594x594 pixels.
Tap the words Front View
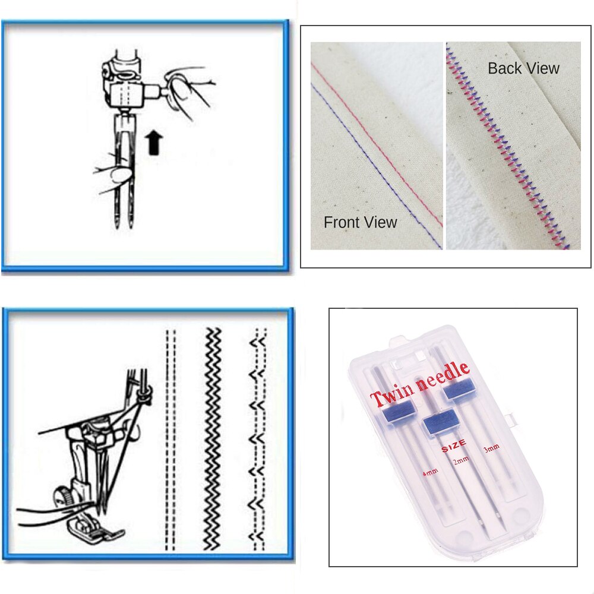[361, 222]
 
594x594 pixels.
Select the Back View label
[523, 68]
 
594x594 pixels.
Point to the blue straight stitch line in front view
[377, 166]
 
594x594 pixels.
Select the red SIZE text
[454, 446]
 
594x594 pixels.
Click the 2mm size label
[461, 461]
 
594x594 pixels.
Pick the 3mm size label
[491, 448]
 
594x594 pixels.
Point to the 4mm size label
[430, 472]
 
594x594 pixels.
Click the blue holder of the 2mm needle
[440, 421]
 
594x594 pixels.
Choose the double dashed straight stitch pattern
[170, 440]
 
